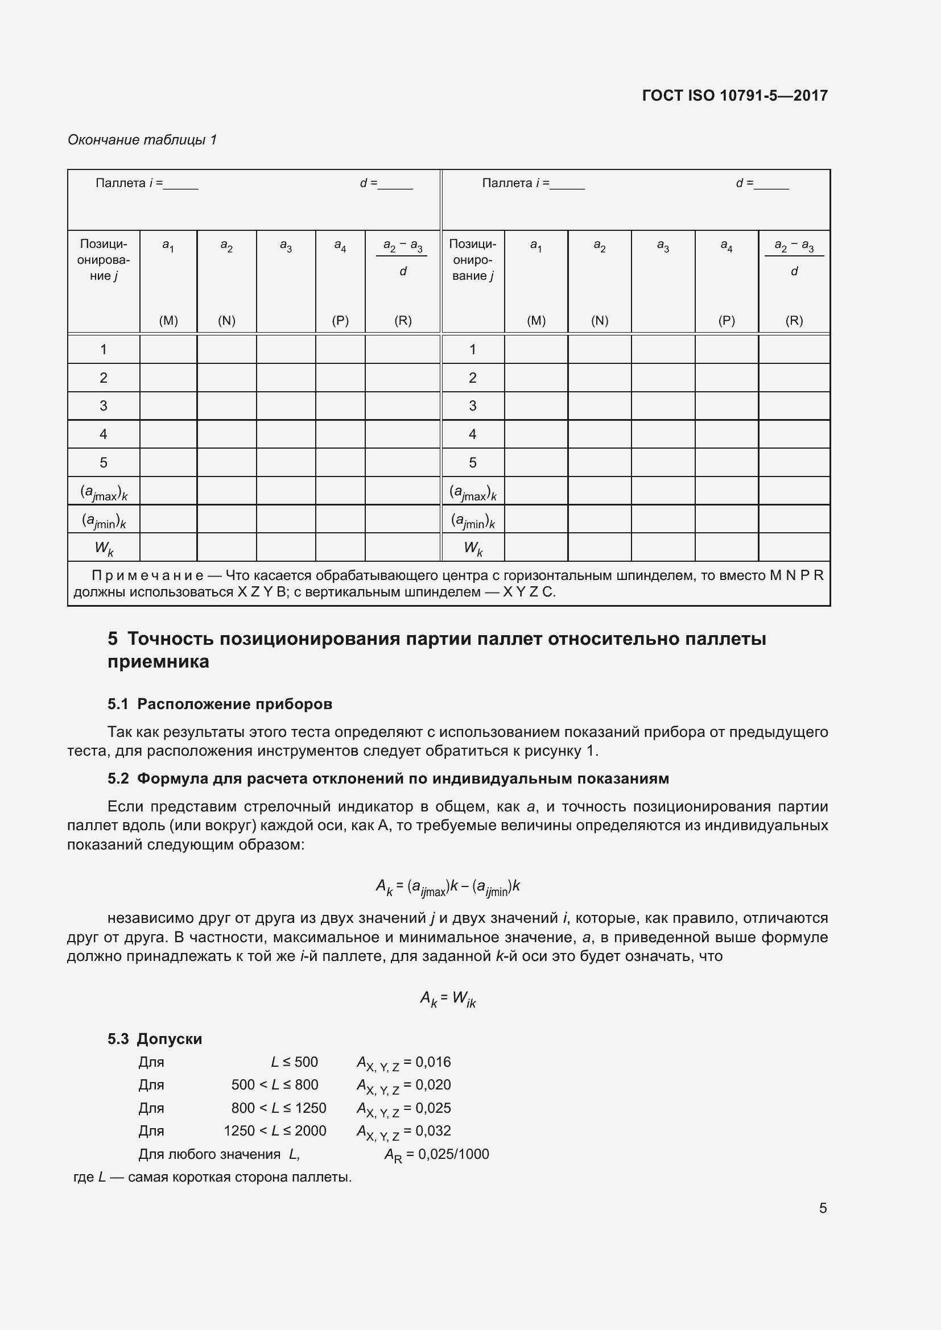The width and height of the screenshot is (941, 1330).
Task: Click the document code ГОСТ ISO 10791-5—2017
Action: tap(734, 96)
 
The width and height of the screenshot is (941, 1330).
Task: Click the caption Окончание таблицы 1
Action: tap(142, 140)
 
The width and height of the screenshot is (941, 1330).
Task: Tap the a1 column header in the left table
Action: tap(168, 246)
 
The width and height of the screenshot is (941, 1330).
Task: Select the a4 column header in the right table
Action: tap(726, 246)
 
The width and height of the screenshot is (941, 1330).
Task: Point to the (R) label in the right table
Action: tap(794, 320)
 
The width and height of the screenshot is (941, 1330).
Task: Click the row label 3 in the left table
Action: tap(103, 405)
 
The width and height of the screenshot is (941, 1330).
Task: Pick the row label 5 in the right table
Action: tap(472, 462)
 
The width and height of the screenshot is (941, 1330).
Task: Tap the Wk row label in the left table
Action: tap(104, 548)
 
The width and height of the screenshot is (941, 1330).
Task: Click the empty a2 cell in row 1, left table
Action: tap(226, 349)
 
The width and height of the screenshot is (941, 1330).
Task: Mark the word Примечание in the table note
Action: tap(147, 575)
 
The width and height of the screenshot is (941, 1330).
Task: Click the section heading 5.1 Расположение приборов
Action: tap(220, 704)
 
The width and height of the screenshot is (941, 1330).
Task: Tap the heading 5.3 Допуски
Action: tap(155, 1039)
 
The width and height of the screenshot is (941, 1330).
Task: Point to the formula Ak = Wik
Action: tap(448, 998)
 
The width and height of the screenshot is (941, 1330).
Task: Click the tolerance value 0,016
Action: tap(433, 1062)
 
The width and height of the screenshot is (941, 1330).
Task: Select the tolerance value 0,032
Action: tap(433, 1130)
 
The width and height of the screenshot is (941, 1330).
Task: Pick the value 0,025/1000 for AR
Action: tap(453, 1154)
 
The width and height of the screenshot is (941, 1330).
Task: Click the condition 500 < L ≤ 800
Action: tap(275, 1084)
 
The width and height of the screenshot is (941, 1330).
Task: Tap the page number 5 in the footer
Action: tap(822, 1208)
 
